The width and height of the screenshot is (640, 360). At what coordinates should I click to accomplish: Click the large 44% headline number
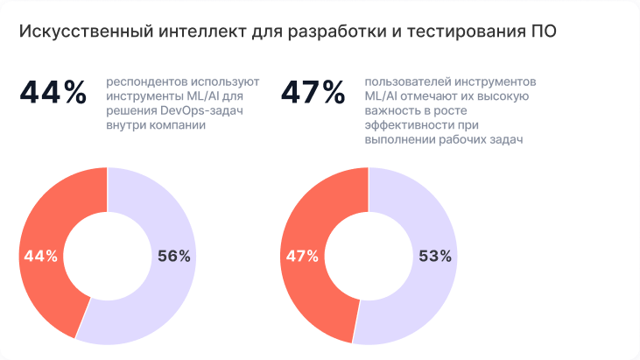(x=53, y=92)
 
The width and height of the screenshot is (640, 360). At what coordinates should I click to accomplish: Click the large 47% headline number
(x=313, y=92)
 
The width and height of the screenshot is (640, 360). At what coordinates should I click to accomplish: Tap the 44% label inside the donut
(x=41, y=256)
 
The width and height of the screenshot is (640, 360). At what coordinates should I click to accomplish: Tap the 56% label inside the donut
(x=173, y=256)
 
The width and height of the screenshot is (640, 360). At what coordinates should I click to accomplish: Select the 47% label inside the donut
(x=301, y=256)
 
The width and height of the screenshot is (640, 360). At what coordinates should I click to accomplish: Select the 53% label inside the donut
(x=434, y=256)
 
